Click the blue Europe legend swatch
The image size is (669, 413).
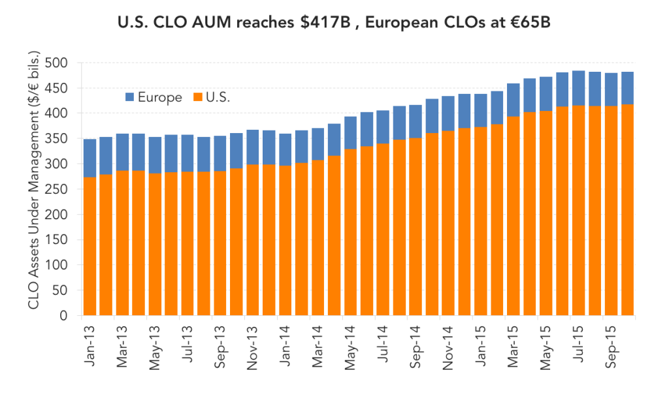(130, 97)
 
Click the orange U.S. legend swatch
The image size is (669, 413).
(197, 97)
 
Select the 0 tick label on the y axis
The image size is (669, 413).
(63, 316)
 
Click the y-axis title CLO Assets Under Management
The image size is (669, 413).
(34, 180)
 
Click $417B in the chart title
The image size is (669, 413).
(325, 22)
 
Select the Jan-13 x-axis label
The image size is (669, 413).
(90, 346)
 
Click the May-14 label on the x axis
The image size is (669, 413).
(350, 348)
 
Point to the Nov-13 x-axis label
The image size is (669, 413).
(252, 348)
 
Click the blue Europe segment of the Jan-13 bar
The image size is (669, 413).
(90, 158)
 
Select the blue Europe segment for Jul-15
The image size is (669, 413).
(579, 88)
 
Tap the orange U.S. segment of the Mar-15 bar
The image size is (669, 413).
(514, 216)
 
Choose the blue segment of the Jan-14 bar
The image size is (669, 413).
(286, 150)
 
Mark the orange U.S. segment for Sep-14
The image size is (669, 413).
(416, 227)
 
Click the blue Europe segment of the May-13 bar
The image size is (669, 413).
(155, 155)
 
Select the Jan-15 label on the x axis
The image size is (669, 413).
(480, 346)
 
